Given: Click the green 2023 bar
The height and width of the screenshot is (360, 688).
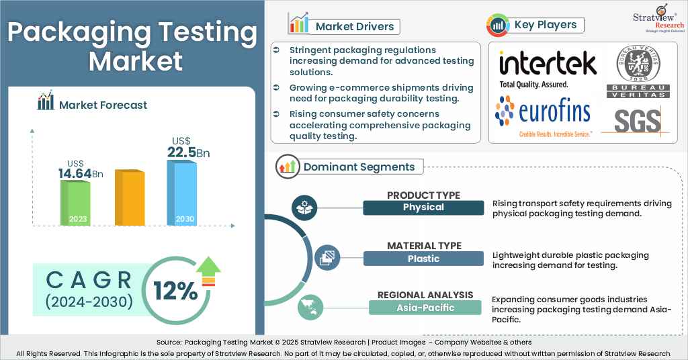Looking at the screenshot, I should coord(76,202).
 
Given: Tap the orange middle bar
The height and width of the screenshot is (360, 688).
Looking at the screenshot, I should coord(129,197).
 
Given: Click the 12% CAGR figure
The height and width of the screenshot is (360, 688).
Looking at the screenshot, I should coord(175,291).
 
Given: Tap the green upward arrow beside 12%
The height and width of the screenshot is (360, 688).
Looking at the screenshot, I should coord(208,270).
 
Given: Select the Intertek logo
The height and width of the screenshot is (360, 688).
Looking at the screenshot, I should coord(548,69).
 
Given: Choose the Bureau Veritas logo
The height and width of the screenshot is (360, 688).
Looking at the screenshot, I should coord(636,74).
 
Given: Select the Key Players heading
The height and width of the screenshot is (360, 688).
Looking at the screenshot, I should coord(545,25).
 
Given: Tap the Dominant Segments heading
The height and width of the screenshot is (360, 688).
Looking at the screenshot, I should coord(359,167).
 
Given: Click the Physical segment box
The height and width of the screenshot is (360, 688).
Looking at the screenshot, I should coord(423,208).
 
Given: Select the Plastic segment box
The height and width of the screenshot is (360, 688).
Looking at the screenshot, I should coord(423,259).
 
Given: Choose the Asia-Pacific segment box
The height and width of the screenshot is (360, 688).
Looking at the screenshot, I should coord(425,308).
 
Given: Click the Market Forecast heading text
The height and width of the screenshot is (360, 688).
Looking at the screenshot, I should coord(103,105).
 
